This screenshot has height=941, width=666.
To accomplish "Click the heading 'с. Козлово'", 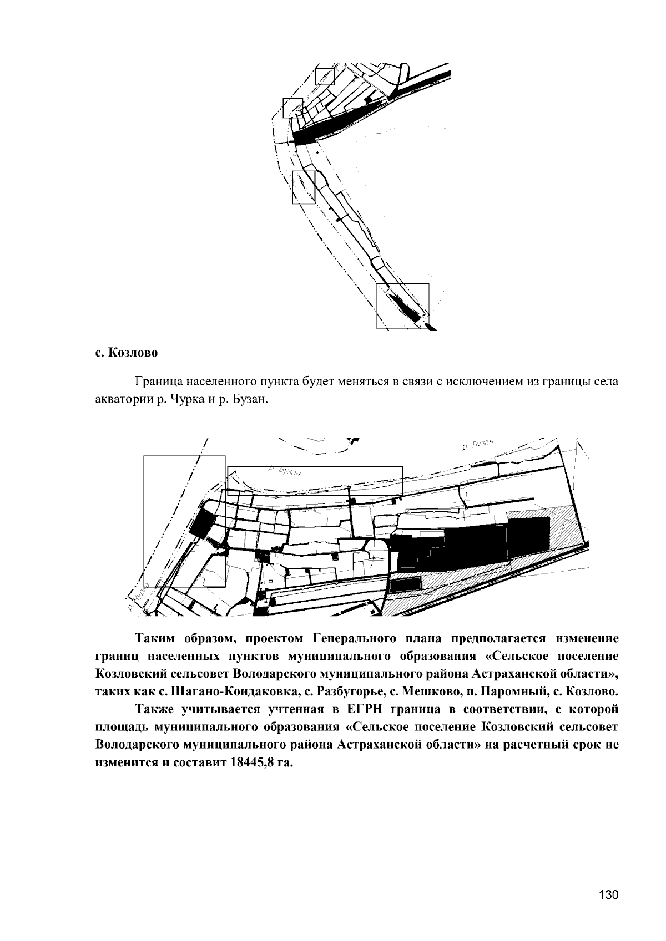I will coord(125,353).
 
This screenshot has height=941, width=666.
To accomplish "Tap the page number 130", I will coord(608,895).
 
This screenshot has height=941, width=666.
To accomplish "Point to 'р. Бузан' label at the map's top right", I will coord(477,445).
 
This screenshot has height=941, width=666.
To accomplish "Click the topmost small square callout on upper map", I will coord(325,76).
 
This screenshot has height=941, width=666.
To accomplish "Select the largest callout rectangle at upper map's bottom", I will coord(402,306).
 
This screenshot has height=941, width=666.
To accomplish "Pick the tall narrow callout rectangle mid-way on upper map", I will coord(304,187).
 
